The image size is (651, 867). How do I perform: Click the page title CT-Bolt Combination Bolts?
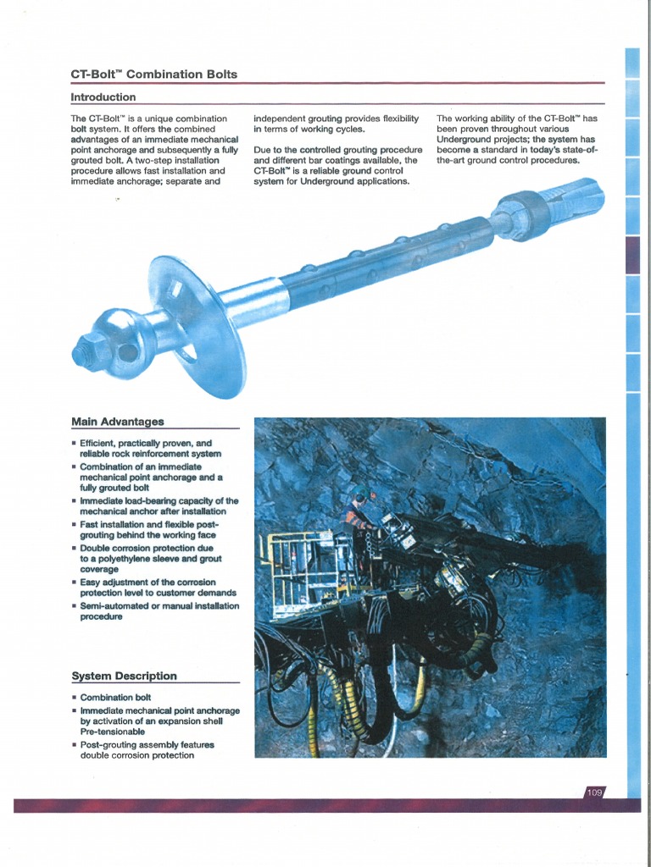click(154, 75)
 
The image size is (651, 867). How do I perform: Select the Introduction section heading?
click(103, 97)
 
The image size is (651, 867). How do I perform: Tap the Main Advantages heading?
click(118, 421)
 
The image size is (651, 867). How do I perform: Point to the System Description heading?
click(124, 676)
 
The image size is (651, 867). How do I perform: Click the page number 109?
click(594, 792)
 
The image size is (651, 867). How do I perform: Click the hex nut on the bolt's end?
click(89, 347)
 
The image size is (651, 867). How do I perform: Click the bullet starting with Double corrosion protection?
click(147, 559)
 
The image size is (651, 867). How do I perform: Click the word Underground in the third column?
click(467, 140)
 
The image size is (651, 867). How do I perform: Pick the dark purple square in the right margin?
click(632, 255)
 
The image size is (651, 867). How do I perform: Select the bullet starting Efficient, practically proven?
click(149, 448)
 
